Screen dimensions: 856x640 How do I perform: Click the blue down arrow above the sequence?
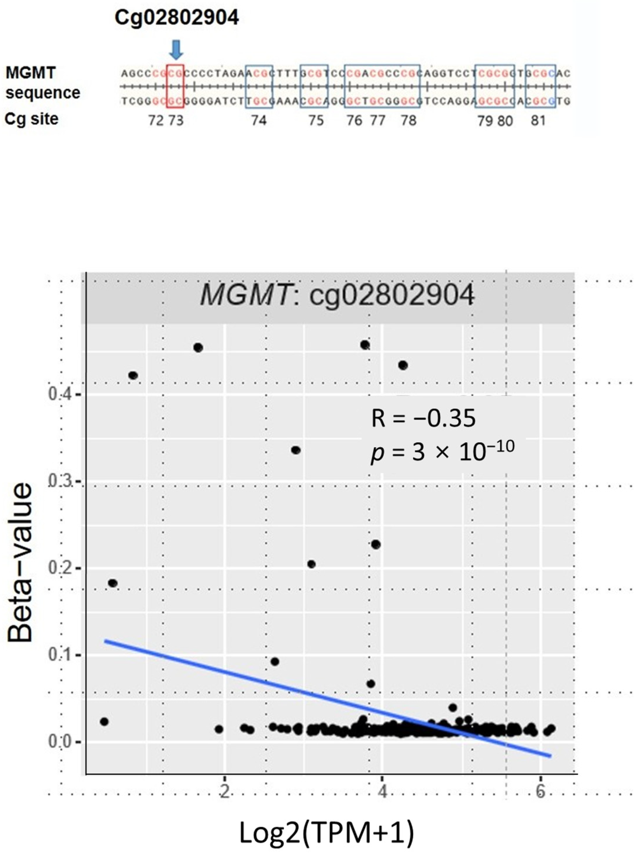click(176, 50)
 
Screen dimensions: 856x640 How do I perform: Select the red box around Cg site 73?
click(175, 86)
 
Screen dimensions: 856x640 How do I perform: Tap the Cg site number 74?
click(259, 121)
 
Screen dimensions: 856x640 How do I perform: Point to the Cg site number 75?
click(315, 121)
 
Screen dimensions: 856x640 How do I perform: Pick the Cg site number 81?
click(538, 121)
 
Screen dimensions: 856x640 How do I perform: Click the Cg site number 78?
click(409, 121)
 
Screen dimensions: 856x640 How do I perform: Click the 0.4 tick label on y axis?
click(62, 394)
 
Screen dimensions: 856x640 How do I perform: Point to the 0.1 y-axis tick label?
click(62, 655)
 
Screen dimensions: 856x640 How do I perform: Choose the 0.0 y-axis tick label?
click(62, 742)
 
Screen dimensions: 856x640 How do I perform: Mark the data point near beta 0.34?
click(296, 450)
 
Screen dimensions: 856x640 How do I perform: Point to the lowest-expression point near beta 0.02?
click(104, 722)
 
